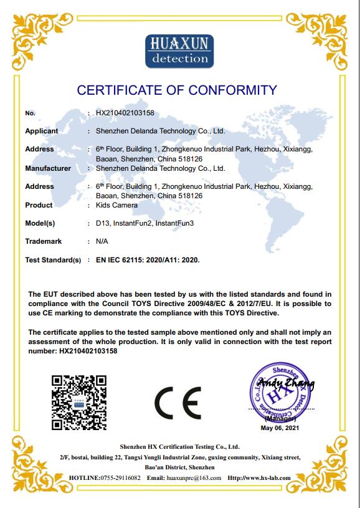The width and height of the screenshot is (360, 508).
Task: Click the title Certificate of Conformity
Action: tap(177, 91)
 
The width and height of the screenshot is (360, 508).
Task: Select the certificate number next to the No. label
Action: tap(125, 113)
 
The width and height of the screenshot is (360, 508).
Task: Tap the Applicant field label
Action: tap(41, 131)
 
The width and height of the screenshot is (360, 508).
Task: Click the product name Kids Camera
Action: tap(116, 205)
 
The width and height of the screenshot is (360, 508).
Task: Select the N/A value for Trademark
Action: tap(102, 241)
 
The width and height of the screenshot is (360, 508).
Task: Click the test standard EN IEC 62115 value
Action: tap(148, 259)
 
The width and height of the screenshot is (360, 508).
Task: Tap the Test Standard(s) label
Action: tap(53, 259)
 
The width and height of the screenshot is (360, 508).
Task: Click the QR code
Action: tap(78, 402)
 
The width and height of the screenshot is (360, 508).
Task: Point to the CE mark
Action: tap(178, 403)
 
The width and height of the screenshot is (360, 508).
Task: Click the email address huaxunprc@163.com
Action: tap(194, 477)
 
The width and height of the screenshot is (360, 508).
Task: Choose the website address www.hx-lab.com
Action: tap(265, 477)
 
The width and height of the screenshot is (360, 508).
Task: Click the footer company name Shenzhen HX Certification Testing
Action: tap(179, 447)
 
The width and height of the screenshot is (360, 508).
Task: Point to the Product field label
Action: tap(39, 205)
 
